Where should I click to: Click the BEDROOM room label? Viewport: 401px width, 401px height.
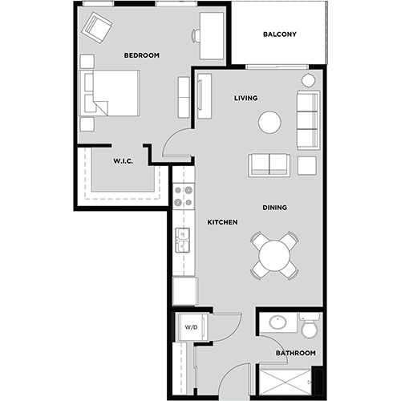click(141, 55)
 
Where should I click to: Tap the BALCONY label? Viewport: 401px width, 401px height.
click(280, 34)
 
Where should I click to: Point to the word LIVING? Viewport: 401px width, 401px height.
click(245, 99)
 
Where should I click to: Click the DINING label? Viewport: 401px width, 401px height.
click(274, 208)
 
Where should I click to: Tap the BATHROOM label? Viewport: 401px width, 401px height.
click(296, 353)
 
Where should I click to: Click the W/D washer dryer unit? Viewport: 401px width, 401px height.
click(191, 327)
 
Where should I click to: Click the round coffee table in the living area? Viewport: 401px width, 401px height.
click(269, 122)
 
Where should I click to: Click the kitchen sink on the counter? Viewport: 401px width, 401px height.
click(184, 238)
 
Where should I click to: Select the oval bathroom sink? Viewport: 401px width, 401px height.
click(278, 323)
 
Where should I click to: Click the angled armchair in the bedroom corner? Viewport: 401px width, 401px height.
click(97, 30)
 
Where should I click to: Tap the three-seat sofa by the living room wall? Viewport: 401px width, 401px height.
click(307, 120)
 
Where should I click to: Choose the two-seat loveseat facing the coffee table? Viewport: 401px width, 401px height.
click(269, 164)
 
